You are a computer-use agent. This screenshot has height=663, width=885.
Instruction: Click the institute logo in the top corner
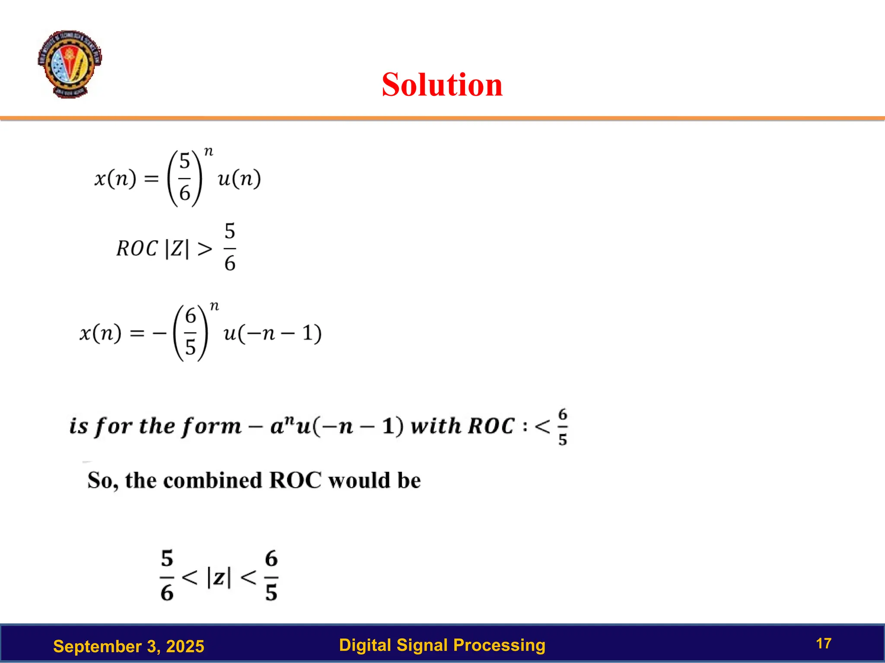70,64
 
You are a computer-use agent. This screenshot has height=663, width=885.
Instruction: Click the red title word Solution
442,85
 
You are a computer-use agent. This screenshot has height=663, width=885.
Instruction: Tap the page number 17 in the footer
824,644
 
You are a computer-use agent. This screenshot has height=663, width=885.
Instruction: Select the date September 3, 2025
128,646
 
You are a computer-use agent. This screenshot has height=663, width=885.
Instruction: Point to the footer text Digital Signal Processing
442,645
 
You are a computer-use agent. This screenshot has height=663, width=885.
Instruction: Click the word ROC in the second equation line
137,249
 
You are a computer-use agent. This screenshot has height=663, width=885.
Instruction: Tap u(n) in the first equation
239,178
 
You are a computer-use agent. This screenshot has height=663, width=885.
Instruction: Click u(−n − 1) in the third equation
273,333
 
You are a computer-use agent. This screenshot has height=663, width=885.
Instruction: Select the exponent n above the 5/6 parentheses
208,152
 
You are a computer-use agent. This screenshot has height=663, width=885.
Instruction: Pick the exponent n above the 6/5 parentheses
214,306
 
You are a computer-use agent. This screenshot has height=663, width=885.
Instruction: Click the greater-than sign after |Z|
205,249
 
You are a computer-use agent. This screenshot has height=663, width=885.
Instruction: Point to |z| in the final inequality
219,577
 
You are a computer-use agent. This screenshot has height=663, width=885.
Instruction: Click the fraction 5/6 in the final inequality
167,575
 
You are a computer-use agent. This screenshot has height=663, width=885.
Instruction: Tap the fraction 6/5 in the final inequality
271,575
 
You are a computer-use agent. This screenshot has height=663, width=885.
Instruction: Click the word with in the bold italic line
436,426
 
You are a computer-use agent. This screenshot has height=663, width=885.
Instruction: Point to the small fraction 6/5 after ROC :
562,427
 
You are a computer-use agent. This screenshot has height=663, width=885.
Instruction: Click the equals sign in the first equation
151,179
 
